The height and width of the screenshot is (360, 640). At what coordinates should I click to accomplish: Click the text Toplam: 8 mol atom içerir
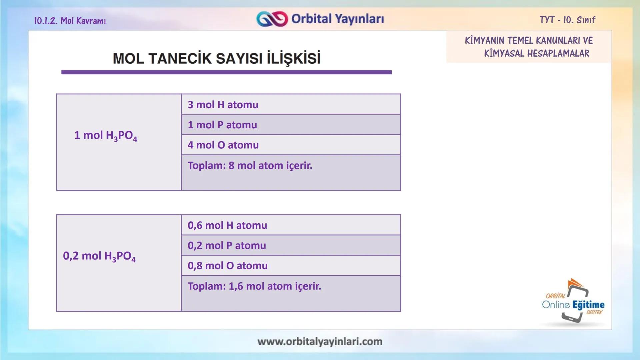[x=250, y=166]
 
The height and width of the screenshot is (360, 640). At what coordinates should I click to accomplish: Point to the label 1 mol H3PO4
[x=105, y=136]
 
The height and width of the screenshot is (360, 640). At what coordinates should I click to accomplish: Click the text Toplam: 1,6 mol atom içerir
[x=254, y=286]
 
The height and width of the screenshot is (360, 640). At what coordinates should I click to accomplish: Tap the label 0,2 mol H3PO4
[x=99, y=256]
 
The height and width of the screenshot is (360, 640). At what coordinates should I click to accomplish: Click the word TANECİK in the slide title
[x=180, y=59]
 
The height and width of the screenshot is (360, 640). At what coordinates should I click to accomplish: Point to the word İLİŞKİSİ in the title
[x=293, y=59]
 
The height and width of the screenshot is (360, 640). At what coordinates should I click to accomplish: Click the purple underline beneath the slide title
[x=226, y=72]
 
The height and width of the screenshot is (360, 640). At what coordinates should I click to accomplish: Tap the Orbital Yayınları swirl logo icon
[x=272, y=19]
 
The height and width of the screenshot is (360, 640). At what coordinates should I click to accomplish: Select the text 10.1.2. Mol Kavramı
[x=70, y=21]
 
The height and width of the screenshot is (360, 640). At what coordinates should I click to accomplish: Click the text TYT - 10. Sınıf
[x=567, y=20]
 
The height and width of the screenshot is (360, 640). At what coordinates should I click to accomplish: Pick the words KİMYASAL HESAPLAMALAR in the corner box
[x=536, y=53]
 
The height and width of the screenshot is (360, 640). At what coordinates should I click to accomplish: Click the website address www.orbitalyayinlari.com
[x=320, y=342]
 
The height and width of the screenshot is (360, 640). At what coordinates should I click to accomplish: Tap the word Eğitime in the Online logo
[x=588, y=305]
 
